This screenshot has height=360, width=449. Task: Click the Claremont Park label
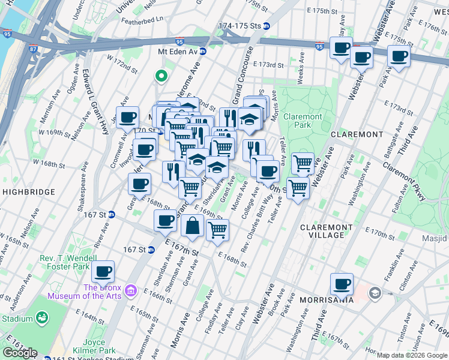tap(303, 121)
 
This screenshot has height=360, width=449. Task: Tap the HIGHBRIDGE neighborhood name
tap(28, 192)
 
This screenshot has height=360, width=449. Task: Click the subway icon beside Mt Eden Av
tap(203, 52)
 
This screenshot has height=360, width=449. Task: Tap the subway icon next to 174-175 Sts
tap(266, 26)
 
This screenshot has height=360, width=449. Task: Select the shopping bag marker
tap(192, 226)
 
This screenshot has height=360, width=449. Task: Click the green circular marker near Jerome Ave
tap(160, 76)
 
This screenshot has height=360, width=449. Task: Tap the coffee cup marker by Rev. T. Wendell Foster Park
tap(104, 271)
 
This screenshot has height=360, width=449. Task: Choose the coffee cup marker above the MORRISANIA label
tap(342, 283)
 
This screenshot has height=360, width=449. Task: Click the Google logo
tap(20, 353)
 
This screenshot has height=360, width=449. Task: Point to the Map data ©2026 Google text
tap(412, 355)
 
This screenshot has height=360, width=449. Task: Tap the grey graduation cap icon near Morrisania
tap(375, 293)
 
